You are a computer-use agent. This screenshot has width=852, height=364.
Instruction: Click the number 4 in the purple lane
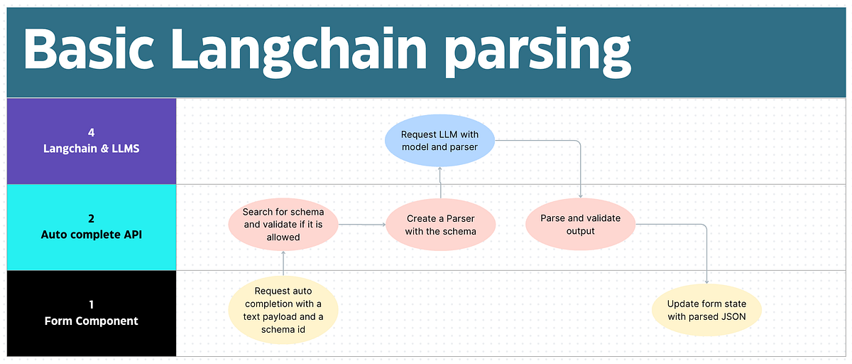91,133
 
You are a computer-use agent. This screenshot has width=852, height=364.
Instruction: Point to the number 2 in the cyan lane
91,219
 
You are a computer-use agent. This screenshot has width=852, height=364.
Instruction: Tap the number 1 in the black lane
91,305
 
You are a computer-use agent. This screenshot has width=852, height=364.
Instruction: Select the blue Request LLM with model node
439,141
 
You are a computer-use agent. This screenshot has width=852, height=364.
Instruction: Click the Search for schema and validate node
283,225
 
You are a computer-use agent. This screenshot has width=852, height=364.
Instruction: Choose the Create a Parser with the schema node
440,225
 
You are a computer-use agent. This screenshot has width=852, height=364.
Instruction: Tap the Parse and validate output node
581,225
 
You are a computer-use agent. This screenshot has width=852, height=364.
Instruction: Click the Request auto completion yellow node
283,310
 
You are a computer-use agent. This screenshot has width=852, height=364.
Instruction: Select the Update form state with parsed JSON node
706,311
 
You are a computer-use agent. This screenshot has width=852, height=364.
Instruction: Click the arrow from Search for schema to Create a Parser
362,225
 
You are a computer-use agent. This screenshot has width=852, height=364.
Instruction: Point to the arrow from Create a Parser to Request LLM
440,183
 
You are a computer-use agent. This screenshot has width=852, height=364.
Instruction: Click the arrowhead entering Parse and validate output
581,196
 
